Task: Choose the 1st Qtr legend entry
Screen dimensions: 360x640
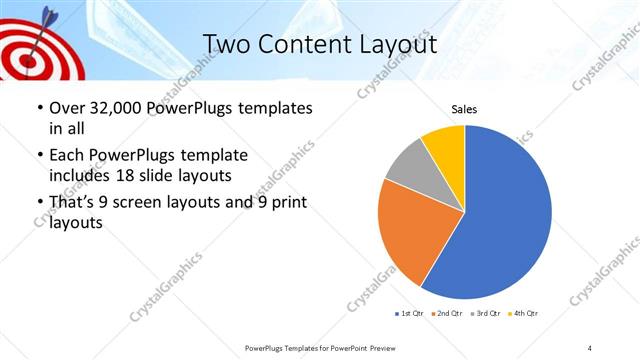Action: (411, 313)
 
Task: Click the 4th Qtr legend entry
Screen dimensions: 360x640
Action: (526, 313)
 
